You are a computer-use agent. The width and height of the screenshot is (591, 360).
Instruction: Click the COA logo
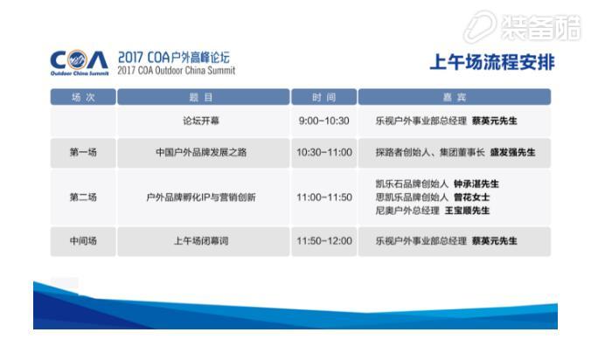click(80, 63)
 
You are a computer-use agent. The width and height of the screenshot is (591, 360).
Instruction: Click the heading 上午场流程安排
click(492, 62)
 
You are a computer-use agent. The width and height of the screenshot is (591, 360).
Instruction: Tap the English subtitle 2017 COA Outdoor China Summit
click(176, 71)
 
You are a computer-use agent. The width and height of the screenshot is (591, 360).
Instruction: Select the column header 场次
click(83, 97)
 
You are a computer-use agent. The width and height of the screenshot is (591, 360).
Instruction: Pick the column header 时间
click(323, 97)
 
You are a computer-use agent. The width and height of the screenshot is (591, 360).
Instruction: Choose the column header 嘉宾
click(455, 97)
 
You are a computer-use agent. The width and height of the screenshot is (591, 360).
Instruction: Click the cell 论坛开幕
click(201, 121)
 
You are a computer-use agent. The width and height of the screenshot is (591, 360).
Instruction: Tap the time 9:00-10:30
click(323, 121)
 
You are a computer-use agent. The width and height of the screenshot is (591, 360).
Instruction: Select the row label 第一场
click(83, 153)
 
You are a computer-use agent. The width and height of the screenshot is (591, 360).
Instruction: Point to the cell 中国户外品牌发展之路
click(201, 153)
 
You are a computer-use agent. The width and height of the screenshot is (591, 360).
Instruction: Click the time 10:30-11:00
click(324, 153)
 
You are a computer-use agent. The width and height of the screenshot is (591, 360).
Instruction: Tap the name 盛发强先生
click(512, 153)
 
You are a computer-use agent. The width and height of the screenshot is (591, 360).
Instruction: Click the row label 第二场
click(83, 197)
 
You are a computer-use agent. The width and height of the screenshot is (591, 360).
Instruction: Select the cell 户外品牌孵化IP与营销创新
click(201, 197)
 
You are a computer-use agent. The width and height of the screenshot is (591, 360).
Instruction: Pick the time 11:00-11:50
click(324, 197)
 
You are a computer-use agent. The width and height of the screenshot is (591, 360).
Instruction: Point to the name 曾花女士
click(471, 197)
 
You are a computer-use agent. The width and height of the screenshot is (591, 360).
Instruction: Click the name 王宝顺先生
click(467, 211)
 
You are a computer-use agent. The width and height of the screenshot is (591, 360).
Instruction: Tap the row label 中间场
click(83, 241)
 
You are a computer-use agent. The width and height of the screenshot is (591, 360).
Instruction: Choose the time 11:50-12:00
click(324, 241)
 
